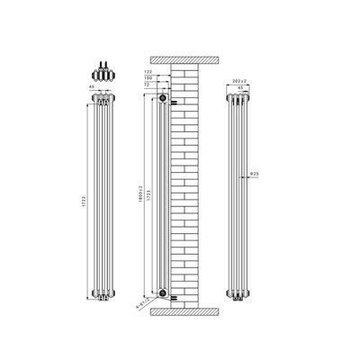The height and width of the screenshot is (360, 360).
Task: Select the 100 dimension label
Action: (149, 77)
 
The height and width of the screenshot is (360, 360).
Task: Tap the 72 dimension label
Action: (150, 85)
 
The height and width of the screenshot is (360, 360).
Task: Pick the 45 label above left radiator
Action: (90, 87)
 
